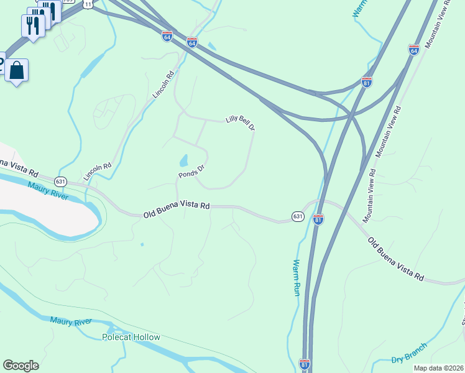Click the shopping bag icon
tap(17, 70)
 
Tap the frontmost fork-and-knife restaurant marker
tap(34, 25)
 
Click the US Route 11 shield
tap(89, 4)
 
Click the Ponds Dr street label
tap(191, 171)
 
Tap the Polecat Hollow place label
tap(131, 337)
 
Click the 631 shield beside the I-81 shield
tap(298, 216)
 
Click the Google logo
tap(21, 366)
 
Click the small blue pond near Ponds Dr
tap(185, 160)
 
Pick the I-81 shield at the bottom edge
tap(305, 362)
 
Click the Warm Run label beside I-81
tap(297, 277)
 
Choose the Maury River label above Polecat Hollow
tap(71, 321)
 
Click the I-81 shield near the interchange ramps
tap(367, 82)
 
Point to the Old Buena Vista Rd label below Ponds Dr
tap(177, 210)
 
